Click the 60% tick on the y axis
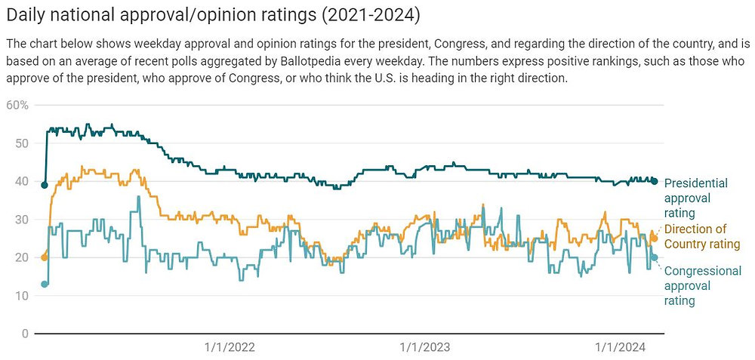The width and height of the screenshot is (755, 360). tap(17, 104)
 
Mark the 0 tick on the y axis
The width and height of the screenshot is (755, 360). tap(24, 334)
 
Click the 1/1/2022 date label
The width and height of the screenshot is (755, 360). tap(230, 347)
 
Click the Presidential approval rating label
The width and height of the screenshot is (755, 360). tap(695, 198)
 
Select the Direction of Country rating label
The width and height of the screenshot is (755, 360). tap(701, 236)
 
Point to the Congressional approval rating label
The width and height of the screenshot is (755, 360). tap(702, 285)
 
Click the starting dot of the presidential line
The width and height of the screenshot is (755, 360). tap(45, 185)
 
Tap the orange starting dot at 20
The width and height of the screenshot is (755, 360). tap(45, 257)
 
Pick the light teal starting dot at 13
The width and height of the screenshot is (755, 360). tap(45, 284)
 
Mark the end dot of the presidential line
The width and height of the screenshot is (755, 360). tap(655, 181)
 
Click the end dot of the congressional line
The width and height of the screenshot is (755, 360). tap(655, 257)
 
